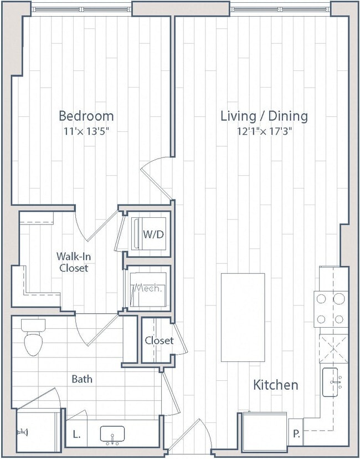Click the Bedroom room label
click(86, 116)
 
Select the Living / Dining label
click(264, 116)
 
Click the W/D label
click(153, 234)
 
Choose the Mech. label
click(147, 288)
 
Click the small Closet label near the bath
click(159, 340)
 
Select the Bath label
click(82, 379)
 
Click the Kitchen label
click(276, 385)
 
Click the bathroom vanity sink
click(112, 435)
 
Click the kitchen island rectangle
click(243, 317)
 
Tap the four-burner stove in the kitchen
click(331, 309)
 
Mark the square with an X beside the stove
click(333, 349)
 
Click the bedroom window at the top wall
click(81, 8)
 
